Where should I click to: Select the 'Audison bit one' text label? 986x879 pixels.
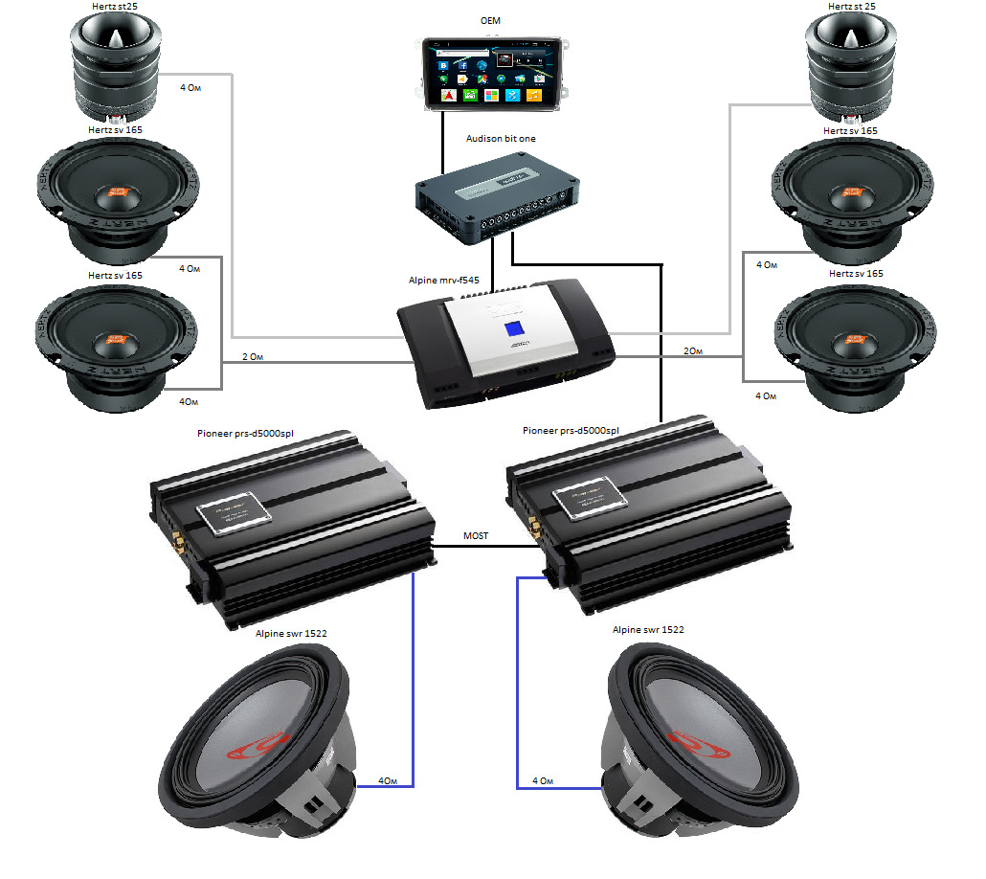pyautogui.click(x=500, y=139)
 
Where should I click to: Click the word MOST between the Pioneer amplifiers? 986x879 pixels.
pyautogui.click(x=476, y=536)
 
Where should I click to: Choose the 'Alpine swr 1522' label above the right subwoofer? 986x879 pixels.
pyautogui.click(x=648, y=630)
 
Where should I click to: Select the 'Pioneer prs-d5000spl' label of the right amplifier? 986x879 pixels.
pyautogui.click(x=571, y=431)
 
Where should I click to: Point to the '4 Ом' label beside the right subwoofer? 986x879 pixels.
pyautogui.click(x=544, y=781)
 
